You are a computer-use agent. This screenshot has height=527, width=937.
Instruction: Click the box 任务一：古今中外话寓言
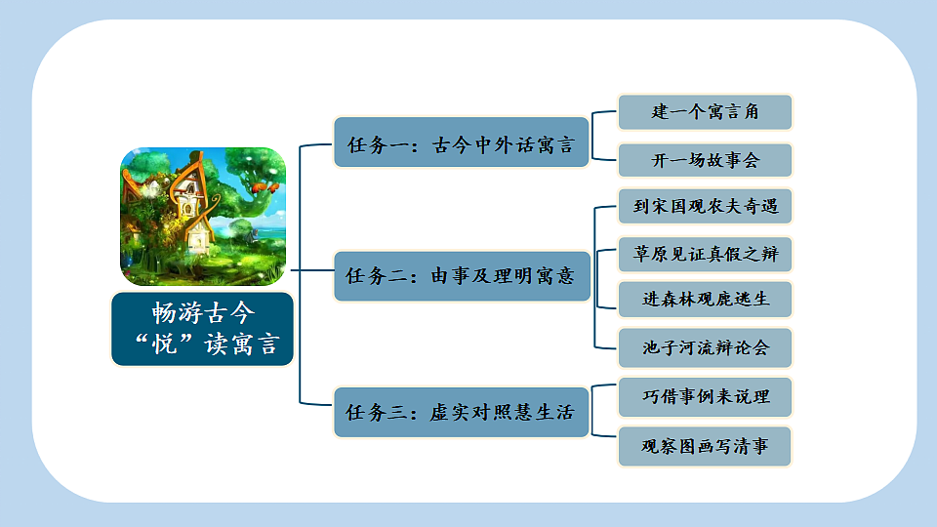(x=462, y=143)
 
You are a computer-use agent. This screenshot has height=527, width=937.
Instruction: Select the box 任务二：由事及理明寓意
(x=462, y=275)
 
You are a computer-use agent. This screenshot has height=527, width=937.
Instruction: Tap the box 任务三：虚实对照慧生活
(x=462, y=412)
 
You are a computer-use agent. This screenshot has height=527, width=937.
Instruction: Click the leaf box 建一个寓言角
(x=705, y=112)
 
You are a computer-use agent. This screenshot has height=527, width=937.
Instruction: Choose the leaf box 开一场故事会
(x=705, y=160)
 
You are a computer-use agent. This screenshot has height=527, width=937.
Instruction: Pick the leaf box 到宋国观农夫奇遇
(x=705, y=207)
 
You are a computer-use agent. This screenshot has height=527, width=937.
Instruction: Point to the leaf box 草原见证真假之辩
(x=705, y=255)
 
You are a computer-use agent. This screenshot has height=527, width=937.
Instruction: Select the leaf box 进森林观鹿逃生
(x=705, y=300)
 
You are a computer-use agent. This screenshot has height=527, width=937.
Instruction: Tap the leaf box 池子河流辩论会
(x=705, y=347)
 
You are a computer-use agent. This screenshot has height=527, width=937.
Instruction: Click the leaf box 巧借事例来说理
(x=705, y=397)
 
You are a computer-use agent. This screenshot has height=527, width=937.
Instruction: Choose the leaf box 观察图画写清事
(x=705, y=446)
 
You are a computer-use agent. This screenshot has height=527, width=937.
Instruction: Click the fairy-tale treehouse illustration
(x=202, y=217)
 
